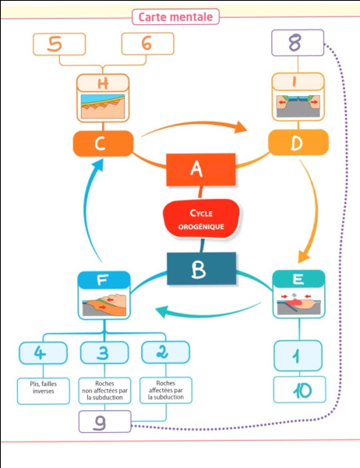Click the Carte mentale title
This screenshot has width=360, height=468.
175,16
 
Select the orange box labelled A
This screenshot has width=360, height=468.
201,169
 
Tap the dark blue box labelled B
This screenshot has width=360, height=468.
201,268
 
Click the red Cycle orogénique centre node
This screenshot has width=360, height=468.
201,218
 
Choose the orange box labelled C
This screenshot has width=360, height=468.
103,144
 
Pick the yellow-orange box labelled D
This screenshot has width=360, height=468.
298,143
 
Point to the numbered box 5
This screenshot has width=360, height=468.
59,44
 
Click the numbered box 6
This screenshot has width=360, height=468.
147,44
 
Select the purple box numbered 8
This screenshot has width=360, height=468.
298,43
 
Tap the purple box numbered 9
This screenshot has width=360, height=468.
105,422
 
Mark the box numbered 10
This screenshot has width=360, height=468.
300,390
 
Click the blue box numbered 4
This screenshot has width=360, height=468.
44,353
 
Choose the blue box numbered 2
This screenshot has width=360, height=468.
165,353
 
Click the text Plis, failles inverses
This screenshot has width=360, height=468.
44,388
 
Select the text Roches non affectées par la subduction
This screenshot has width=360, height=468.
104,391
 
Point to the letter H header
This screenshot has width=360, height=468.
103,83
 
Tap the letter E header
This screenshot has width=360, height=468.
298,279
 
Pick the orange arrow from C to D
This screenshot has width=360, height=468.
195,126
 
